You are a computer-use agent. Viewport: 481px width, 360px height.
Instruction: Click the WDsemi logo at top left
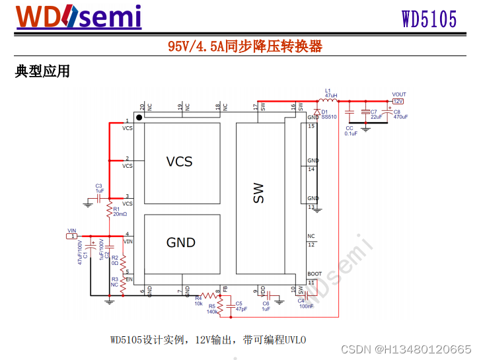(79, 17)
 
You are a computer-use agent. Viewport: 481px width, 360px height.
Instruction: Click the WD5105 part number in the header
(429, 19)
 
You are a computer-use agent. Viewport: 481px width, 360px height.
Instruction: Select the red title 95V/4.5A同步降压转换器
(244, 46)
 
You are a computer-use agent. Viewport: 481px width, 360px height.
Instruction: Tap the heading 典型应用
(42, 71)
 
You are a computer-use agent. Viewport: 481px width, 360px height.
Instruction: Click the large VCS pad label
(179, 162)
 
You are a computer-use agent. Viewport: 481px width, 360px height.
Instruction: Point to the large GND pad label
(180, 243)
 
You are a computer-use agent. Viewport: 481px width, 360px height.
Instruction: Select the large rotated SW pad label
(258, 193)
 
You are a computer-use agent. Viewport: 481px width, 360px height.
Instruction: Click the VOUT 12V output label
(398, 98)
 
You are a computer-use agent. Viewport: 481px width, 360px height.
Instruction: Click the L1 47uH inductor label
(330, 93)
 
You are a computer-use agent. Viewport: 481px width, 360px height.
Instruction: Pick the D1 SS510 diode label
(328, 114)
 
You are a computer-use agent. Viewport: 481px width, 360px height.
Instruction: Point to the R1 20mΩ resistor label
(120, 212)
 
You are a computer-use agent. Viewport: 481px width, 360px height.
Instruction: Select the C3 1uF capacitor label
(99, 188)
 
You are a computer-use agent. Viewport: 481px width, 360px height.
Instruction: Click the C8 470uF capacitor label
(400, 114)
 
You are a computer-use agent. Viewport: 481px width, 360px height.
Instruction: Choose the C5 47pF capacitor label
(241, 306)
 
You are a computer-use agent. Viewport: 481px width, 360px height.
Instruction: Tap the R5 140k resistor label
(212, 308)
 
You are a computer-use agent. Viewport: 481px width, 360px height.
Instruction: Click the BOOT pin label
(314, 274)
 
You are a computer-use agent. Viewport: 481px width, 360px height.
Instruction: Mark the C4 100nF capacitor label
(306, 303)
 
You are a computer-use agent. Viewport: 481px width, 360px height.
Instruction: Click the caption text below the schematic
(208, 340)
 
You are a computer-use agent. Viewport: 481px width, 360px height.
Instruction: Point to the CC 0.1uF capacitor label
(350, 130)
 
